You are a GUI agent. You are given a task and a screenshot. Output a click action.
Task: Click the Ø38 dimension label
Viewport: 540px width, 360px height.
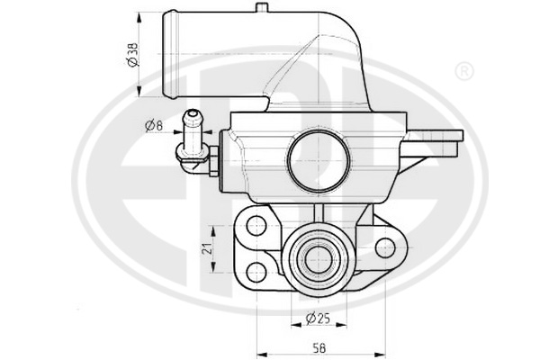coord(132,54)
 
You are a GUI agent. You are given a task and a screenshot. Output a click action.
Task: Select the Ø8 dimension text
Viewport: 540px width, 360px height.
coord(154,126)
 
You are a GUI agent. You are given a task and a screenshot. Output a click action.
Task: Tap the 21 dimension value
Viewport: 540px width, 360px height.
coord(207,248)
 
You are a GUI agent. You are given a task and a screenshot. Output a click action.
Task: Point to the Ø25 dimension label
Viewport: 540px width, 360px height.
coord(318,319)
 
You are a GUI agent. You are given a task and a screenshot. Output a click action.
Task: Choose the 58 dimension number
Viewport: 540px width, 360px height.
coord(319,347)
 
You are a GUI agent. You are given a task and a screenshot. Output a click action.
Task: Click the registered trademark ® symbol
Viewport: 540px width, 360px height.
coord(464,72)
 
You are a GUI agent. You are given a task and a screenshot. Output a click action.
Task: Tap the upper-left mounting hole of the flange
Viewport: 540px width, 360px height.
coord(256,226)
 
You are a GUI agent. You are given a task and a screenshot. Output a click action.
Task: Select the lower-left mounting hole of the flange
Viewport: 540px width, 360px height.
coord(256,272)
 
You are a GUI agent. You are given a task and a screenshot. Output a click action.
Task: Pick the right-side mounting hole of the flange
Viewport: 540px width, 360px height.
coord(385,248)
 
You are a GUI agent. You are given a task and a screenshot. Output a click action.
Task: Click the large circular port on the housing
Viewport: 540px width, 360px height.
coord(319,160)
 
